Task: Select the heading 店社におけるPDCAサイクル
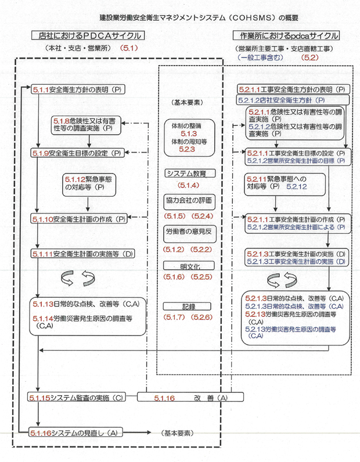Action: coord(87,36)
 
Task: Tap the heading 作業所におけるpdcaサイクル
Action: coord(286,36)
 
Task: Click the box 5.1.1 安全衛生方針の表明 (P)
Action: coord(78,90)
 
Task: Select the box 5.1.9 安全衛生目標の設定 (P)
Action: coord(78,153)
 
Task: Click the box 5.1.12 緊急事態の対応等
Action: coord(87,184)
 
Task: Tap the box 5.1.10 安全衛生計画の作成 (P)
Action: coord(78,219)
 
